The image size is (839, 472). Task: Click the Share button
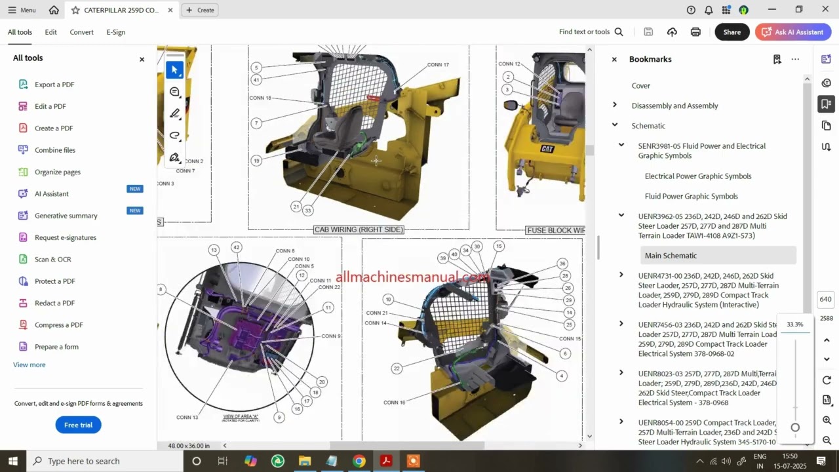732,32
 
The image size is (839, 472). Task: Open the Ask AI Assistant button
793,32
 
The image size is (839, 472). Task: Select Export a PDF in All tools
54,85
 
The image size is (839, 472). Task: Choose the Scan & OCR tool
52,260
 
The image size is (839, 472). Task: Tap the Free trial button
78,425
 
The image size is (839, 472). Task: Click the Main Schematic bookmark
671,256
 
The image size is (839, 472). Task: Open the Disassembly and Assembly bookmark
674,106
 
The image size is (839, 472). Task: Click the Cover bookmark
640,86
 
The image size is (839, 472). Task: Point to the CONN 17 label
438,65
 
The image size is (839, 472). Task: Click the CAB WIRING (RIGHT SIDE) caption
359,229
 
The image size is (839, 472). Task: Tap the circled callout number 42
236,247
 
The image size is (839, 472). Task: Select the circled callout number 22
397,368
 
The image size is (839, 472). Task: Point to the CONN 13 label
187,417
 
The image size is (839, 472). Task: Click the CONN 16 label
394,403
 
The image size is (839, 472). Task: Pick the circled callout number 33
307,210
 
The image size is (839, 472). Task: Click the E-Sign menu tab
115,32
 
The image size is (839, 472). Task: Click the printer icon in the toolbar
695,32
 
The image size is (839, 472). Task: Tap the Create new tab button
200,10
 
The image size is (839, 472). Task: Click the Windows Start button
12,461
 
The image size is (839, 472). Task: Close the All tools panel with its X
142,59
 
